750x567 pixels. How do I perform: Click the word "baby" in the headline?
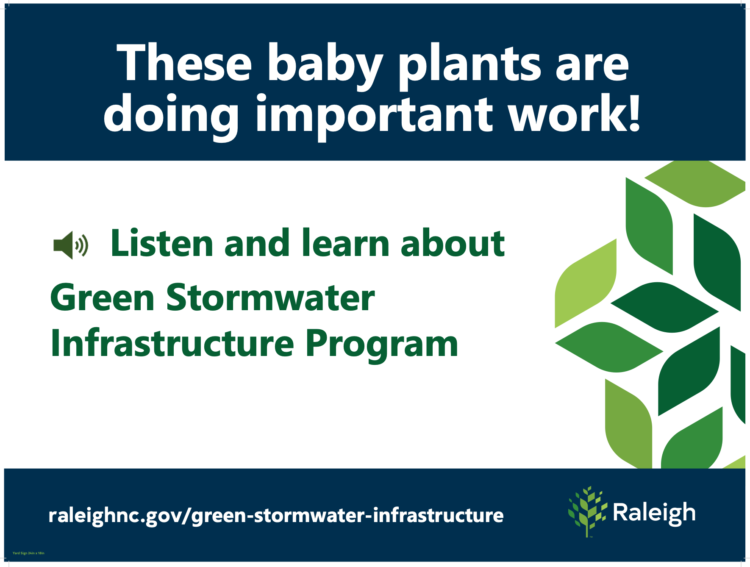[x=325, y=66]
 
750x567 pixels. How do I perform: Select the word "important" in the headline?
[x=374, y=117]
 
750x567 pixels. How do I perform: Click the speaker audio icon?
[x=71, y=245]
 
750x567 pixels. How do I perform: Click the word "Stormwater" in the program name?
[x=270, y=297]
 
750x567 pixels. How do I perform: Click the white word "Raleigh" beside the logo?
[x=654, y=513]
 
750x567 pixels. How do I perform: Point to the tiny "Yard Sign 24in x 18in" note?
[x=28, y=553]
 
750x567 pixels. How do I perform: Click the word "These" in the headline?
[x=184, y=62]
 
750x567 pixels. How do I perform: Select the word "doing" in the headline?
[x=171, y=117]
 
